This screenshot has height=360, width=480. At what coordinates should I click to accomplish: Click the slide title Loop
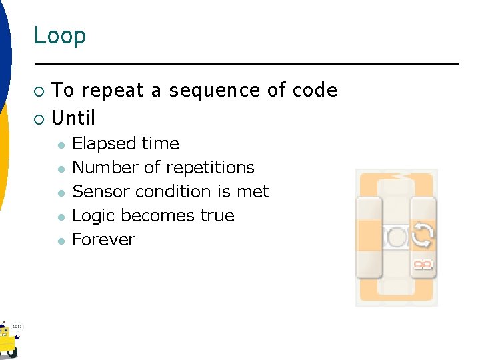tap(60, 35)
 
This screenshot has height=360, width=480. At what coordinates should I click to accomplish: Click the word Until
tap(73, 119)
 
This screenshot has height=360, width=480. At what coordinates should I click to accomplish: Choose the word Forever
tap(103, 240)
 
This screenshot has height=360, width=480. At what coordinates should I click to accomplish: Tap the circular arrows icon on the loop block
tap(423, 235)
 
